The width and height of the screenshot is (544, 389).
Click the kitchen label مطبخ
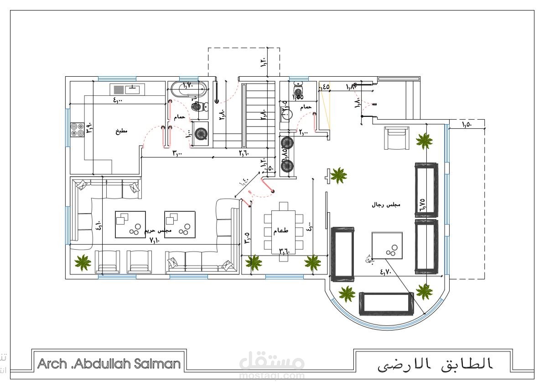click(x=121, y=131)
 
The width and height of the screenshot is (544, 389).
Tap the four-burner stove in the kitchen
click(x=77, y=130)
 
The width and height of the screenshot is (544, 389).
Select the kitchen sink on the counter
click(x=132, y=89)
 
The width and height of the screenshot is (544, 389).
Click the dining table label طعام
click(x=281, y=231)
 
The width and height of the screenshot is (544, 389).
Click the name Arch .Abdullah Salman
click(x=109, y=364)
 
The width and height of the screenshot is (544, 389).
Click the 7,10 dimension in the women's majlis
click(x=155, y=241)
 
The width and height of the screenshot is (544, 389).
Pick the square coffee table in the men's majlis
click(x=388, y=247)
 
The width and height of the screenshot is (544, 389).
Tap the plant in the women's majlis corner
click(x=83, y=263)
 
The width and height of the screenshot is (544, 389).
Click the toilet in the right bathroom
click(x=299, y=85)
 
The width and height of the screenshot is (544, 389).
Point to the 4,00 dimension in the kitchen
click(x=118, y=100)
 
